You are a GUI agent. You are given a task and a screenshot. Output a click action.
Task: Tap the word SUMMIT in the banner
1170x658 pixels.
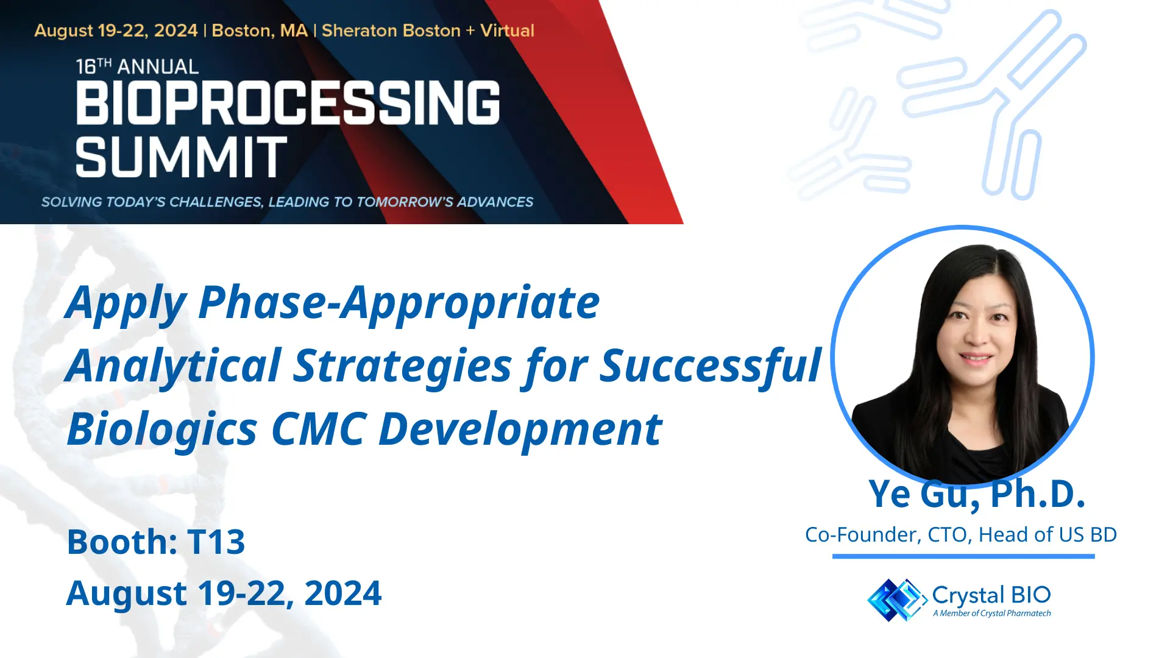(x=181, y=157)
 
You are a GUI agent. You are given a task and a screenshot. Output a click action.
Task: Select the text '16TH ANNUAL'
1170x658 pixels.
(x=137, y=66)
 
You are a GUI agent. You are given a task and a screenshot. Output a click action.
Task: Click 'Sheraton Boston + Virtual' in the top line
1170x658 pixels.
(x=428, y=30)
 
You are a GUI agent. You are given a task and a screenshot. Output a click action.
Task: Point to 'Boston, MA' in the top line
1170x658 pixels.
(x=260, y=30)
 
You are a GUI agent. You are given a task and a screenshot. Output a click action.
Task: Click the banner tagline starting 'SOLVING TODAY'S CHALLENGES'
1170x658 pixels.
(x=287, y=202)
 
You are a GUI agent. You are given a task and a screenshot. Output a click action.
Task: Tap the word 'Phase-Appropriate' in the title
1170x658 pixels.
(x=399, y=302)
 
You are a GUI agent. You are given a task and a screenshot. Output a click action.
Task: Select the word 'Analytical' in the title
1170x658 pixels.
(x=173, y=366)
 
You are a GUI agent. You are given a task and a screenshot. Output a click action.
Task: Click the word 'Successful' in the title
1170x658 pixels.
(x=711, y=366)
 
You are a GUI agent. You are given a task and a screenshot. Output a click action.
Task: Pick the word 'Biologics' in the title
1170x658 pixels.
(x=162, y=430)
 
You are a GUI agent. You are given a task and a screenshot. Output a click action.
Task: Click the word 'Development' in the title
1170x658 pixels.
(x=520, y=430)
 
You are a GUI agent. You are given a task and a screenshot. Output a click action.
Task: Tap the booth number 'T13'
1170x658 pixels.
(x=216, y=542)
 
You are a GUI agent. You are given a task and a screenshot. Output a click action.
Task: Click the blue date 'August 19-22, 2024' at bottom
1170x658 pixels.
(x=224, y=593)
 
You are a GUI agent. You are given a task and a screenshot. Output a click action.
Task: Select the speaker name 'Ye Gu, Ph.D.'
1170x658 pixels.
(x=977, y=493)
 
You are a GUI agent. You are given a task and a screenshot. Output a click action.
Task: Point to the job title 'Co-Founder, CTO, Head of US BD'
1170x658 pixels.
(x=961, y=534)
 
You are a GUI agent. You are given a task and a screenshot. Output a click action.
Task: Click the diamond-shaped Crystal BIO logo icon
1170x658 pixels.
(x=896, y=600)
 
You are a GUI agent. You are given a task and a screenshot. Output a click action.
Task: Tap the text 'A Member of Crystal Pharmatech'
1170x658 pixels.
(x=992, y=614)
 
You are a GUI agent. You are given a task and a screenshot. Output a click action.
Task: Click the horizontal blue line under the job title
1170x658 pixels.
(x=963, y=556)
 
